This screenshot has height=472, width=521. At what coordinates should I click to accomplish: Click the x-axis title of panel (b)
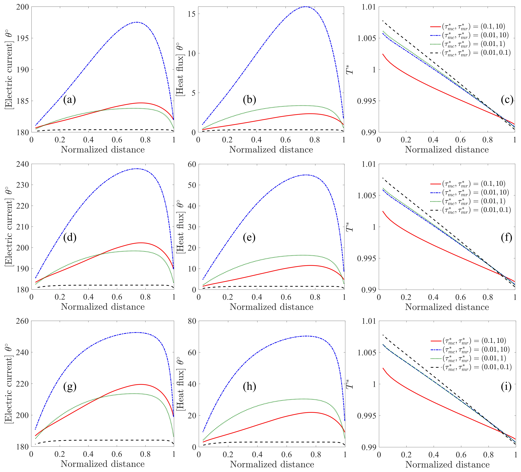point(271,149)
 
